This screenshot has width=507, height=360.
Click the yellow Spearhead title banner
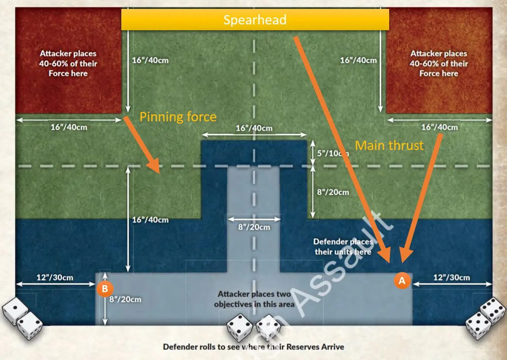click(255, 20)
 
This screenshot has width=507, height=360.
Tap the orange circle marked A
click(402, 281)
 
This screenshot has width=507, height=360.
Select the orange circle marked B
click(105, 289)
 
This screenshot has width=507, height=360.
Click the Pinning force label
click(178, 117)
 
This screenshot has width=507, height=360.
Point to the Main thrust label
click(389, 145)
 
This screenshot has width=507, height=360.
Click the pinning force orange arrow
click(142, 144)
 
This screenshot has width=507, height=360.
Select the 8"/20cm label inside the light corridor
click(254, 227)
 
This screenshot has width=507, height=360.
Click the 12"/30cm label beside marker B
click(55, 277)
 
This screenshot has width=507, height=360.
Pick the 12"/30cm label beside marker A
click(452, 277)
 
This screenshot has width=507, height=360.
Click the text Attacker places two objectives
click(254, 299)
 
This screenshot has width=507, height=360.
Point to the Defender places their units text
click(343, 247)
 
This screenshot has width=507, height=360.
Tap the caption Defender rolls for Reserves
click(253, 347)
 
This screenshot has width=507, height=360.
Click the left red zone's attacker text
click(68, 64)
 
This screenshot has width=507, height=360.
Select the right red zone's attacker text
click(439, 64)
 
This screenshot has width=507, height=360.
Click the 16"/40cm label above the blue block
click(254, 128)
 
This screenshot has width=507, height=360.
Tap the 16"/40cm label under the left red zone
click(69, 127)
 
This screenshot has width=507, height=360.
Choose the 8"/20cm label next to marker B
click(125, 299)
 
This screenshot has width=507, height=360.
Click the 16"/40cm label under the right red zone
click(439, 127)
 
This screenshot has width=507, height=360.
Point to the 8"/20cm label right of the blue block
click(333, 192)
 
